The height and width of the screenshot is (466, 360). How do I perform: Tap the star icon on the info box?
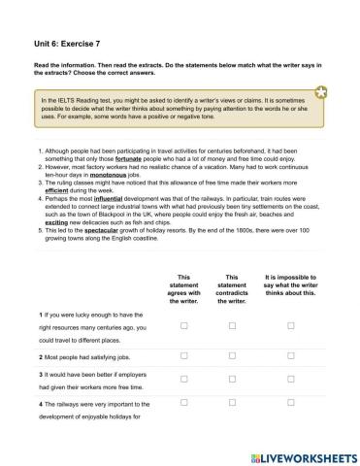320,92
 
